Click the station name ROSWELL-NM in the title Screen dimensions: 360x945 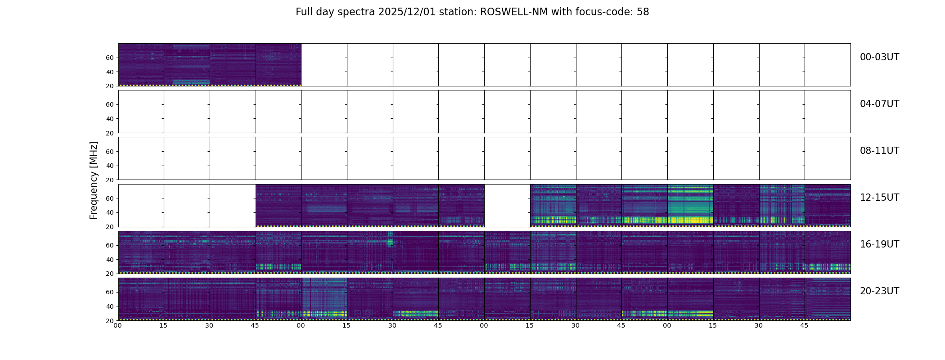(x=514, y=12)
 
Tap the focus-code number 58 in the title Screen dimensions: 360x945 (x=643, y=12)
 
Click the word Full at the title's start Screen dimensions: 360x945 (x=304, y=12)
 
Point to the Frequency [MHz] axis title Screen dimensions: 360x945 (x=94, y=180)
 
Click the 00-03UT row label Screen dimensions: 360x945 (x=879, y=57)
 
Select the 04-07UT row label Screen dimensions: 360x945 (x=879, y=104)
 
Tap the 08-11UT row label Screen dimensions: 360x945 (x=879, y=151)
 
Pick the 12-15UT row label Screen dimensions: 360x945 (x=879, y=198)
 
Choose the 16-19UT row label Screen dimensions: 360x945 (x=879, y=244)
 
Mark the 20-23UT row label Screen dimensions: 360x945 (x=879, y=291)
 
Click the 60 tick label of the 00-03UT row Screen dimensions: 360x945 (x=110, y=58)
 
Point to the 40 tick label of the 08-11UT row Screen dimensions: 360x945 (x=110, y=166)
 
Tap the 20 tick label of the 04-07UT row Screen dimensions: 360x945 (x=110, y=133)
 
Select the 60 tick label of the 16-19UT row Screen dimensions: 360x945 (x=110, y=245)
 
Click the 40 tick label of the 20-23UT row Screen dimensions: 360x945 (x=110, y=306)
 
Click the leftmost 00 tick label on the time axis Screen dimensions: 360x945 (x=117, y=325)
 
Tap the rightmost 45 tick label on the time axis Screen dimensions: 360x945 (x=804, y=325)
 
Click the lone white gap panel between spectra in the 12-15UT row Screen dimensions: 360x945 (x=507, y=205)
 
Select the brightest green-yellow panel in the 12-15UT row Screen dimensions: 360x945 (x=690, y=205)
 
